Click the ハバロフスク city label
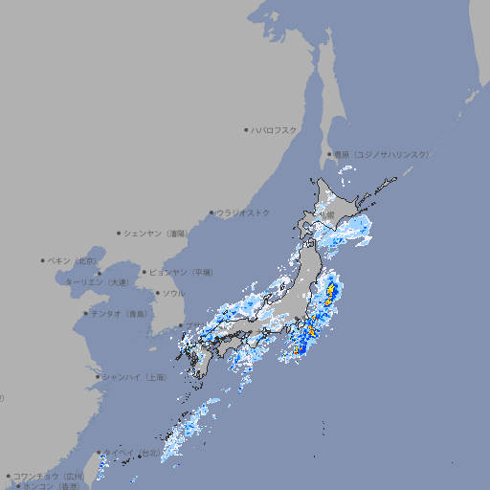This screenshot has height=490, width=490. coord(274,129)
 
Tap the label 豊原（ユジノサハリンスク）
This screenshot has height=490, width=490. coord(382,154)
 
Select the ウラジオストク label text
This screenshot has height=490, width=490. coord(243,212)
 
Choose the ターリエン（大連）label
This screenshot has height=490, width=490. coord(97,282)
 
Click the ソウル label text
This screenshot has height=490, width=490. coord(173,293)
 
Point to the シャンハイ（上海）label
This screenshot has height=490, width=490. coord(135,377)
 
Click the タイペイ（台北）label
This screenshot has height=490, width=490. coord(132,452)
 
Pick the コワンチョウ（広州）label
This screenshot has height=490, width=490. coord(49,476)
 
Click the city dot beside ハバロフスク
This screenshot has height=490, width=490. coord(246,129)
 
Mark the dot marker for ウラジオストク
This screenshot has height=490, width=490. coord(212,212)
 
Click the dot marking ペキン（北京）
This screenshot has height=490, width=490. coord(43,260)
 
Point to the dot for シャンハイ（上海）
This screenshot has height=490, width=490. coord(98,377)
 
